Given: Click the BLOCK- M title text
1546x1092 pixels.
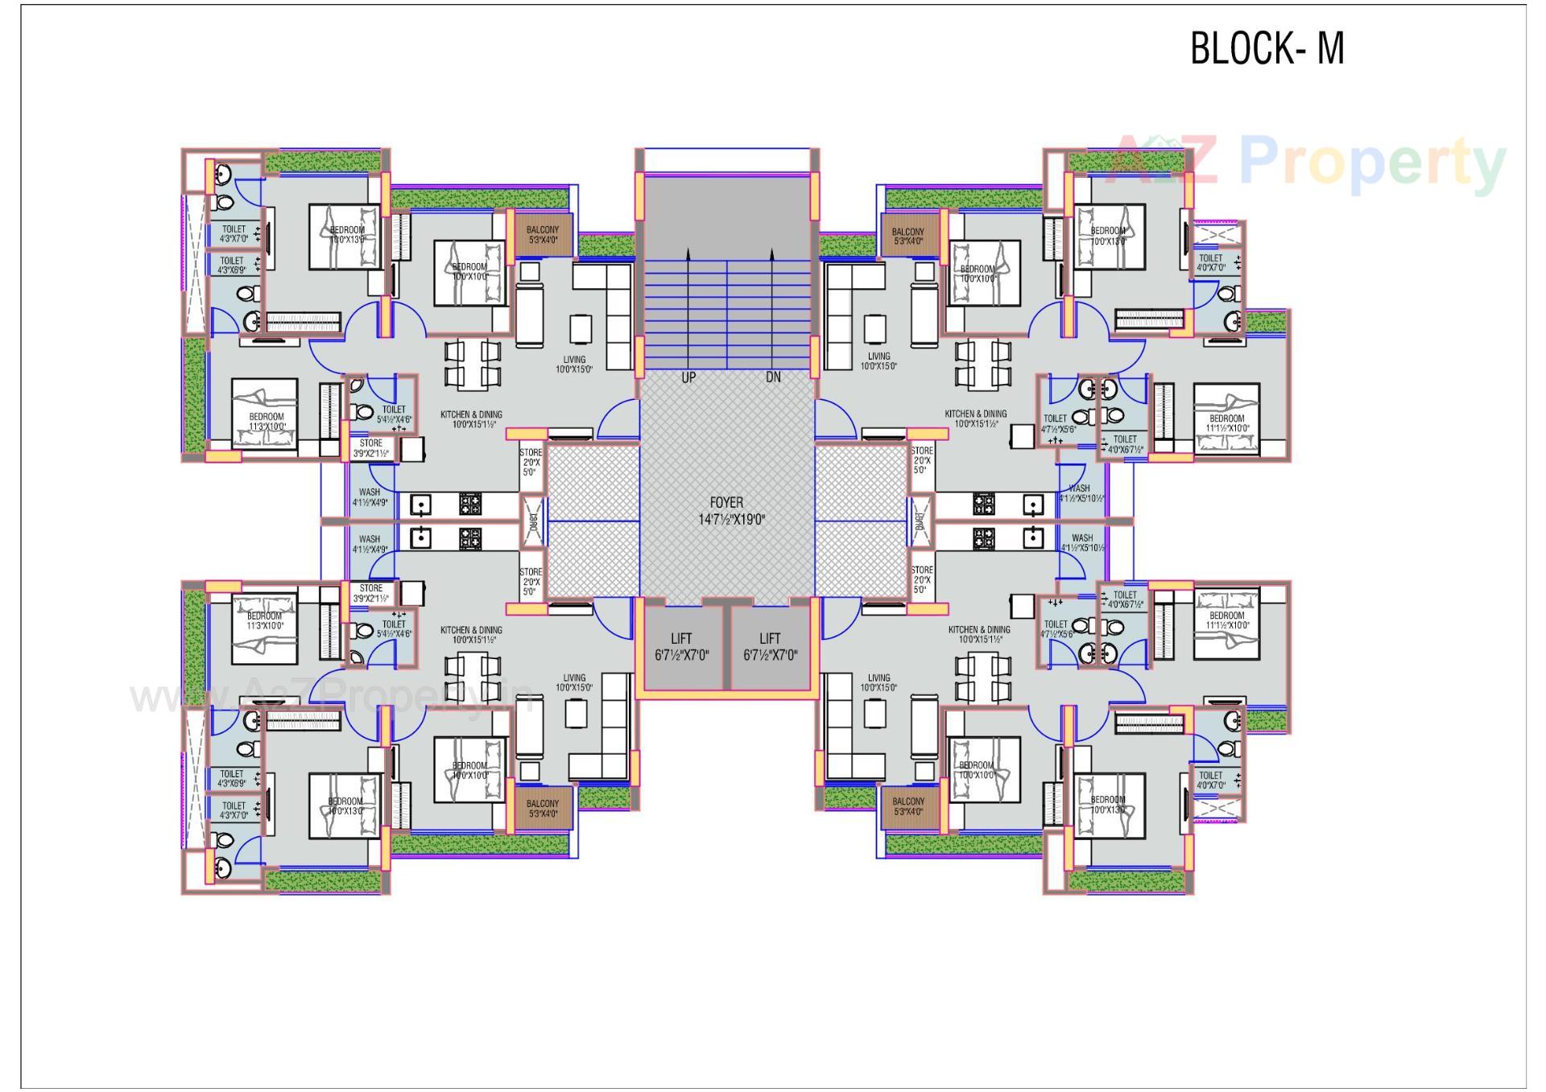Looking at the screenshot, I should coord(1267,48).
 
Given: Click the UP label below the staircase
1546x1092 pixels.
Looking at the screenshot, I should coord(688,377).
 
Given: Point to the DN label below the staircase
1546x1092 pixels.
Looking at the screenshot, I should coord(773,377).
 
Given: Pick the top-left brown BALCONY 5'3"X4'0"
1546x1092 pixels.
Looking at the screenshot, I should coord(543,235).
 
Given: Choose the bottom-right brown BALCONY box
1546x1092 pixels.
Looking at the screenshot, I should coord(908,806).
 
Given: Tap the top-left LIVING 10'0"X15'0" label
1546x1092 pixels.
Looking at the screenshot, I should coord(574,365).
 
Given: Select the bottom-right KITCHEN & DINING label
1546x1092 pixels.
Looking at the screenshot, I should coord(978,634).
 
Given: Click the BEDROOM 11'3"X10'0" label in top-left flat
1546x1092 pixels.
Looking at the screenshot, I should coord(266,422).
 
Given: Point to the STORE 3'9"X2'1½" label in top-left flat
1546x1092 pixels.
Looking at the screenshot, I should coord(370,448).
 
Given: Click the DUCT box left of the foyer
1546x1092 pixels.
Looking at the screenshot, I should coord(532,521).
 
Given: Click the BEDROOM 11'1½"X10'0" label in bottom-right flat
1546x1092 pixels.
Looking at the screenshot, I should coord(1226,620).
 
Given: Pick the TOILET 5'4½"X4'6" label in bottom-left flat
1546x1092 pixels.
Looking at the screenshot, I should coord(394,628).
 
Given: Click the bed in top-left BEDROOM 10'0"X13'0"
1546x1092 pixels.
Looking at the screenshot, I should coord(345,237).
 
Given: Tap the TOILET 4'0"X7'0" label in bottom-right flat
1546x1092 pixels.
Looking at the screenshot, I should coord(1210,780).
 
